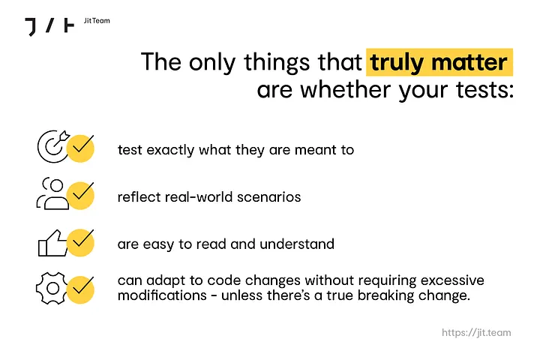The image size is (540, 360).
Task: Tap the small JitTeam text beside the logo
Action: pos(97,21)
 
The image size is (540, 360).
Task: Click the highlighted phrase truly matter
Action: pos(439,62)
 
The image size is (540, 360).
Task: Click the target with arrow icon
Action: pos(53,146)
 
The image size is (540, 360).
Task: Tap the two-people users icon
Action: pos(53,193)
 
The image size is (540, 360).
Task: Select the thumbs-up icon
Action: pos(52,243)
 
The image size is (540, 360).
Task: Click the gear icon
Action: pos(52,288)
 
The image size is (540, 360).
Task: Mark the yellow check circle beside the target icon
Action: pos(80,148)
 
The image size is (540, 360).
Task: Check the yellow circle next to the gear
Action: pos(80,289)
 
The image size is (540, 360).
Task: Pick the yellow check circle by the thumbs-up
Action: pos(80,242)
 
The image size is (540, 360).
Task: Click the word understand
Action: pos(297,244)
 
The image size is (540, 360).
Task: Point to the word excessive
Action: pos(452,280)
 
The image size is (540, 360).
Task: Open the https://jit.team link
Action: pos(476,333)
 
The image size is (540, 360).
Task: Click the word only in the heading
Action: pos(211,63)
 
